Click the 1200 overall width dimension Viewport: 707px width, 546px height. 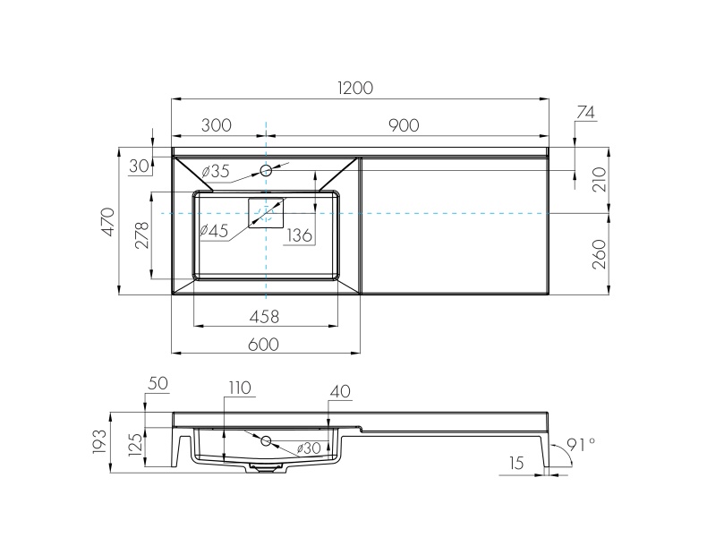pyautogui.click(x=355, y=88)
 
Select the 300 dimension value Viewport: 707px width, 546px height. pyautogui.click(x=217, y=125)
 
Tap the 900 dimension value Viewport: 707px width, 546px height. pyautogui.click(x=404, y=125)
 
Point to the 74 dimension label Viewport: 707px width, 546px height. pyautogui.click(x=586, y=112)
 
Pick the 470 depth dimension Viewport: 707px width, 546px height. pyautogui.click(x=107, y=221)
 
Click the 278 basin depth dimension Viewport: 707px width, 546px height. pyautogui.click(x=141, y=235)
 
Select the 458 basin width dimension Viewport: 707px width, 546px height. pyautogui.click(x=265, y=316)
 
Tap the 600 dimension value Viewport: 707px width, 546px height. pyautogui.click(x=264, y=344)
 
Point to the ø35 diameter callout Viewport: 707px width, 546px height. pyautogui.click(x=216, y=171)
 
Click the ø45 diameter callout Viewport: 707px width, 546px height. pyautogui.click(x=214, y=231)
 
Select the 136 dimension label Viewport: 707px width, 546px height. pyautogui.click(x=299, y=235)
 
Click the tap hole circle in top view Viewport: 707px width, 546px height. pyautogui.click(x=266, y=170)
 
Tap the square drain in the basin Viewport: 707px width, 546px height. pyautogui.click(x=266, y=213)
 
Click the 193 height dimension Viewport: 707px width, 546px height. pyautogui.click(x=99, y=439)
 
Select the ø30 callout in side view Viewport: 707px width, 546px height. pyautogui.click(x=308, y=448)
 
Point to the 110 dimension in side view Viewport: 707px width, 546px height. pyautogui.click(x=239, y=388)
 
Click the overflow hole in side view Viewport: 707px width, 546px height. pyautogui.click(x=266, y=440)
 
